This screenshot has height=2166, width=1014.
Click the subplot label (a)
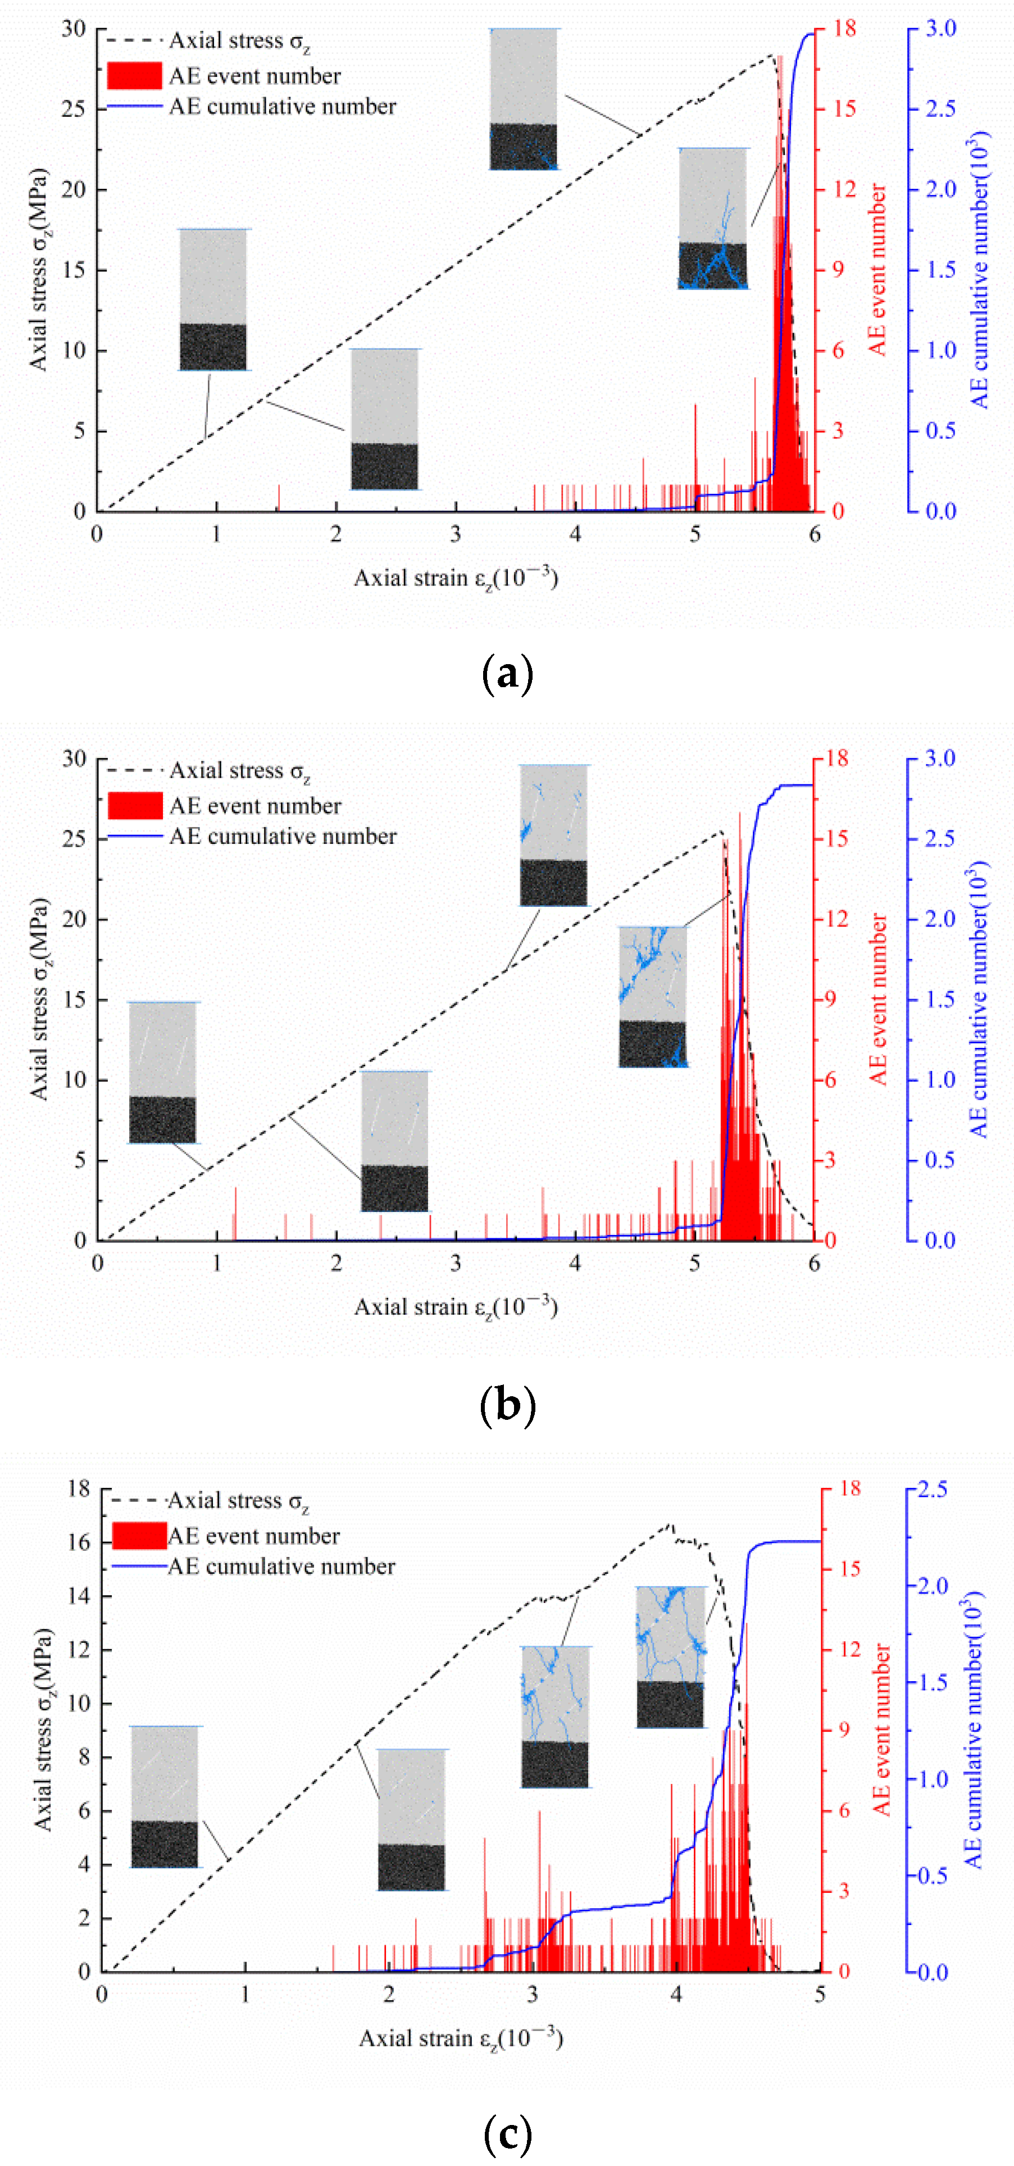pos(507,674)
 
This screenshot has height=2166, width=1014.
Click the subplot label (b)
pos(507,1404)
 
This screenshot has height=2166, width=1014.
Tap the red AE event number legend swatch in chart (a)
pos(134,76)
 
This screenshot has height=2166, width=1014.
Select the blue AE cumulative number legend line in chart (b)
pos(134,837)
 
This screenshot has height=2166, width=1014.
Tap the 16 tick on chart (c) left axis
pos(78,1542)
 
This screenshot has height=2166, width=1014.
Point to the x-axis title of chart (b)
pos(456,1307)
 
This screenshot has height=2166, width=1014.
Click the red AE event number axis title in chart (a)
pos(877,269)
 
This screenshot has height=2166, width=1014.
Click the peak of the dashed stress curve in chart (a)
pos(772,56)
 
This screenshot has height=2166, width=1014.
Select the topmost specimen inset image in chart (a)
pos(524,99)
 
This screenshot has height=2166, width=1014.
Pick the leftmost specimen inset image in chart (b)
pos(163,1072)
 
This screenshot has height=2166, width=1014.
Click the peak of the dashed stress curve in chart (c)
pos(670,1524)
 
